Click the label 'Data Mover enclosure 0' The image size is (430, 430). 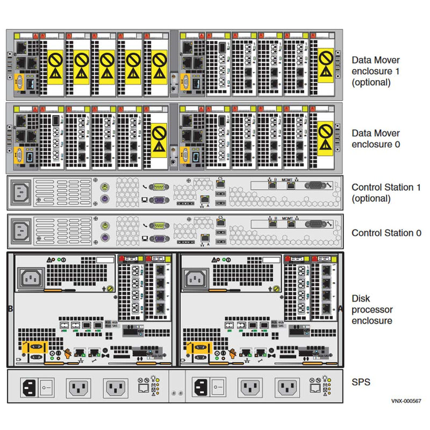[375, 139]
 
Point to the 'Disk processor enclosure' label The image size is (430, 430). [372, 310]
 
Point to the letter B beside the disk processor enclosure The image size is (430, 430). [10, 310]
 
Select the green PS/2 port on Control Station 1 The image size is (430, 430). [105, 187]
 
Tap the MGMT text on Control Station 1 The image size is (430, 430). [287, 179]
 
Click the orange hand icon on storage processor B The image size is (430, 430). [69, 353]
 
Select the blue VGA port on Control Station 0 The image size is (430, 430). [157, 240]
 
